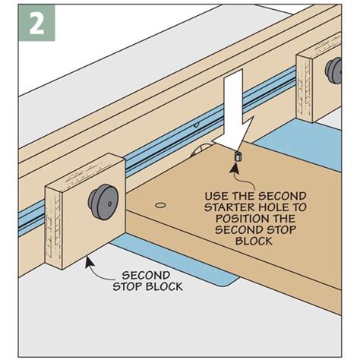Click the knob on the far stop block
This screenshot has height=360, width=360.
point(332,73)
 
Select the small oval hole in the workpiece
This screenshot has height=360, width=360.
point(160,206)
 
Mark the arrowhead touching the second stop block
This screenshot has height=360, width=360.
point(89,259)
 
